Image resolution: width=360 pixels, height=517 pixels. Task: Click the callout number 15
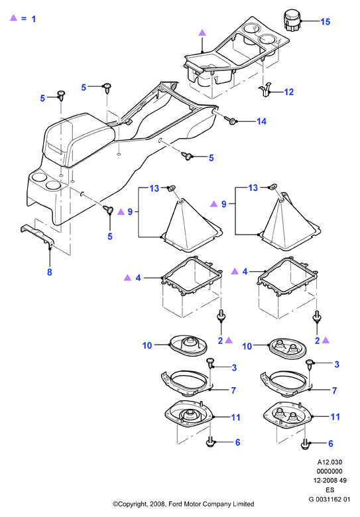(325, 22)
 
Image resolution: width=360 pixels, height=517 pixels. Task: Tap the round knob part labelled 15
(292, 21)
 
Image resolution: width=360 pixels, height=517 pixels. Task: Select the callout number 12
(288, 92)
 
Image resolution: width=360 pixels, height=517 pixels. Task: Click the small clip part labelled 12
(265, 89)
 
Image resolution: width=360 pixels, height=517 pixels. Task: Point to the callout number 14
(261, 121)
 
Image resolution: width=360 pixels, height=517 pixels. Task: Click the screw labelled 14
(230, 120)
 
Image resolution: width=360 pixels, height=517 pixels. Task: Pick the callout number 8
(50, 272)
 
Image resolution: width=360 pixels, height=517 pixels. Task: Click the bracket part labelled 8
(37, 236)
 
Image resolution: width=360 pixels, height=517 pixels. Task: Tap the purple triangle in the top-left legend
(13, 18)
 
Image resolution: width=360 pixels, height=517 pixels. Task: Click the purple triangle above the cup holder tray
(202, 32)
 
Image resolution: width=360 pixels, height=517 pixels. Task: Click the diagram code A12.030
(330, 462)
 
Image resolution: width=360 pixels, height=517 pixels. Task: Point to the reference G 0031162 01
(330, 499)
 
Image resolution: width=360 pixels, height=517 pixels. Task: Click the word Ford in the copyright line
(177, 504)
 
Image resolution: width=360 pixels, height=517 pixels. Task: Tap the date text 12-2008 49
(330, 481)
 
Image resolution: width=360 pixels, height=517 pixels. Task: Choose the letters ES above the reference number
(330, 490)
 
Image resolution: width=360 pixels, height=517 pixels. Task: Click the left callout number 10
(147, 345)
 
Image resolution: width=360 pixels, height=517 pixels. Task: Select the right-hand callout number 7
(334, 390)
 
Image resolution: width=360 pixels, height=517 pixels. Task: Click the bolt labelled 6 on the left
(210, 442)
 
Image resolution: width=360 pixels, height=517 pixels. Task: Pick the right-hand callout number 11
(335, 417)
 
